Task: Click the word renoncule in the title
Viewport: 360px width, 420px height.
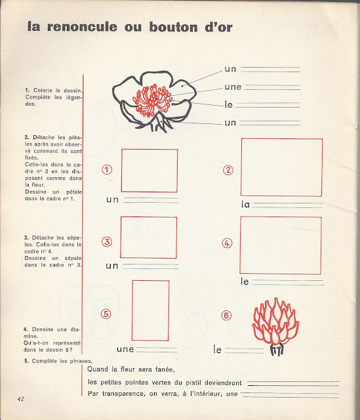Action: pyautogui.click(x=82, y=27)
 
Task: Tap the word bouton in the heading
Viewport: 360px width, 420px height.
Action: pyautogui.click(x=173, y=27)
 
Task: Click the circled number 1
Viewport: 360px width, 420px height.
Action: pyautogui.click(x=107, y=170)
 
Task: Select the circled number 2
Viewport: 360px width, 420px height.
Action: pyautogui.click(x=228, y=170)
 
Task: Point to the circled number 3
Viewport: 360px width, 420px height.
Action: pyautogui.click(x=107, y=242)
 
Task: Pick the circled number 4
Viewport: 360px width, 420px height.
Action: pyautogui.click(x=227, y=243)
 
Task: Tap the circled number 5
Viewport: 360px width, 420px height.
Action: pyautogui.click(x=106, y=314)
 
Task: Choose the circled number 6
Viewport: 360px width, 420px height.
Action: pyautogui.click(x=226, y=315)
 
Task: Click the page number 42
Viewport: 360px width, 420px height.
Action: pyautogui.click(x=20, y=399)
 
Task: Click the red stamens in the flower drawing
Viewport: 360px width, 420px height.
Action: pyautogui.click(x=152, y=100)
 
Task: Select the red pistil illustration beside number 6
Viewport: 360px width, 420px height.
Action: pyautogui.click(x=275, y=321)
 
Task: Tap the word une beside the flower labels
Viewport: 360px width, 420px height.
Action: pyautogui.click(x=233, y=87)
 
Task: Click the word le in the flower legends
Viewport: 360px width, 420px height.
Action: pyautogui.click(x=229, y=104)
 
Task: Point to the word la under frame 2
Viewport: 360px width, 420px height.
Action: pyautogui.click(x=245, y=204)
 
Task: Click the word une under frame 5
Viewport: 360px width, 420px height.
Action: pyautogui.click(x=125, y=349)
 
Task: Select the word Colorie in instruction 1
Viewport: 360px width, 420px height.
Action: pyautogui.click(x=43, y=91)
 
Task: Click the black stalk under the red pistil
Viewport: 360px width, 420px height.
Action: pyautogui.click(x=277, y=350)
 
